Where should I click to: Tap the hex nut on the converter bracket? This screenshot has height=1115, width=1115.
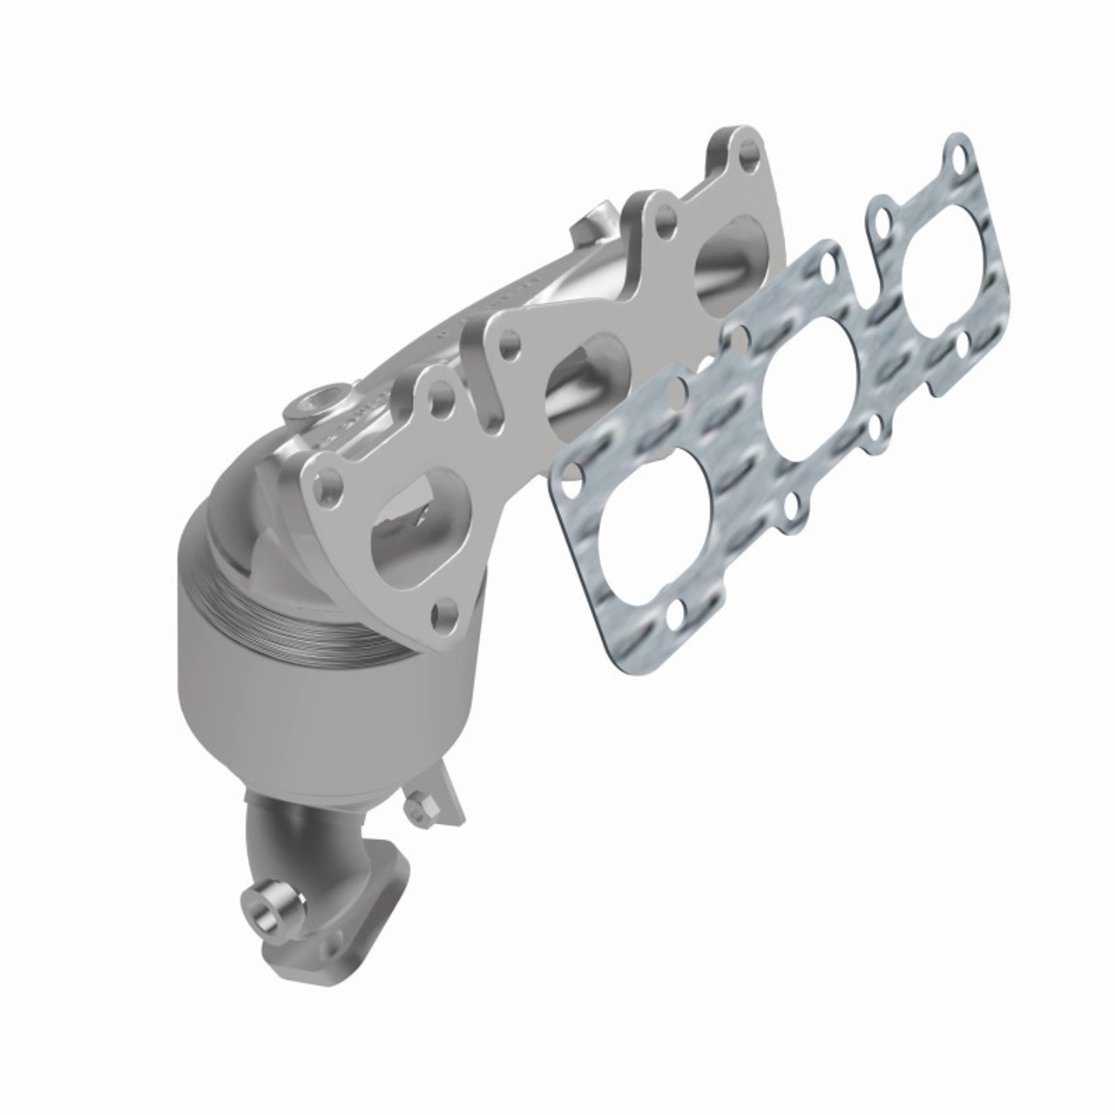pyautogui.click(x=420, y=807)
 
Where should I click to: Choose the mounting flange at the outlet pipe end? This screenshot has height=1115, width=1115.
pyautogui.click(x=348, y=906)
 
